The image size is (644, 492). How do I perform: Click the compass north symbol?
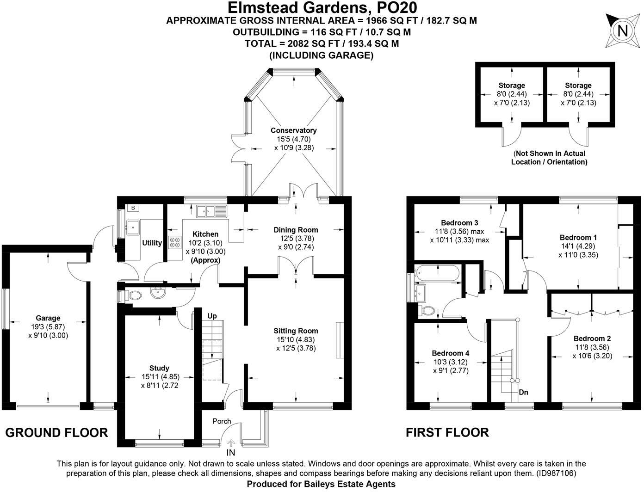pyautogui.click(x=623, y=31)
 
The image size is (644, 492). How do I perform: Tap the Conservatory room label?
pyautogui.click(x=293, y=130)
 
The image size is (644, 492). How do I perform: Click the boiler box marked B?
pyautogui.click(x=133, y=208)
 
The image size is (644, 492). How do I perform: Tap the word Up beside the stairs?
pyautogui.click(x=212, y=316)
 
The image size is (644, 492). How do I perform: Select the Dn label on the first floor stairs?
pyautogui.click(x=523, y=392)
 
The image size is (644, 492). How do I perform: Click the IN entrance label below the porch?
pyautogui.click(x=231, y=452)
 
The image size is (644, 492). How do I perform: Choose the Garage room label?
pyautogui.click(x=48, y=318)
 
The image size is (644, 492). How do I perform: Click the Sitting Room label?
pyautogui.click(x=296, y=331)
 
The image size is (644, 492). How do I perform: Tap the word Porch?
pyautogui.click(x=222, y=421)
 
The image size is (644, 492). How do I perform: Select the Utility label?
pyautogui.click(x=152, y=243)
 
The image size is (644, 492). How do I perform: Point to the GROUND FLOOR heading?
pyautogui.click(x=56, y=433)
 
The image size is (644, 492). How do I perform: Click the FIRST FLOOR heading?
pyautogui.click(x=447, y=433)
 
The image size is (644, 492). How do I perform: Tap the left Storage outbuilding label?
pyautogui.click(x=511, y=86)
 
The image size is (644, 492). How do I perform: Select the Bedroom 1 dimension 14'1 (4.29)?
pyautogui.click(x=578, y=246)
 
